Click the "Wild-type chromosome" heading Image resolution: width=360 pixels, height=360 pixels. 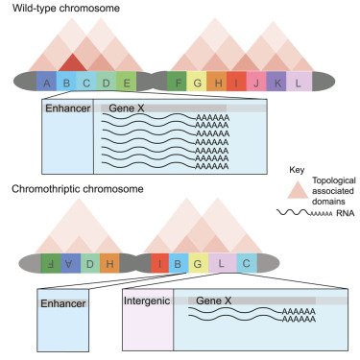tap(59, 8)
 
